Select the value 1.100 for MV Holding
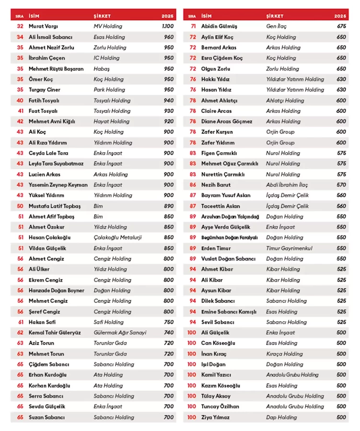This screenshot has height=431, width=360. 168,26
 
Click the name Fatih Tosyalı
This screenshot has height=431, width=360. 44,101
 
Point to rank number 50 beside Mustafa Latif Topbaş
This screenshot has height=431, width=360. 20,206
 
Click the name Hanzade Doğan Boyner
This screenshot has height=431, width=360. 56,290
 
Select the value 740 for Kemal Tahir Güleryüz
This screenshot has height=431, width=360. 169,332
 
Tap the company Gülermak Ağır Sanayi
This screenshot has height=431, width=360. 120,332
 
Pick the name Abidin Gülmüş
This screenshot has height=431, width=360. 219,26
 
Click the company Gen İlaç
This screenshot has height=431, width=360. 277,26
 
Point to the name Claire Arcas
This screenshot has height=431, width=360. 216,111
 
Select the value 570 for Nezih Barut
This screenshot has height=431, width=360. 341,185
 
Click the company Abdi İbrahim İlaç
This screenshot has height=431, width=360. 287,185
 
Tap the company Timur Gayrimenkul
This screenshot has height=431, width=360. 289,248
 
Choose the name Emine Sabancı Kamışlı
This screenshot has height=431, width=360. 229,312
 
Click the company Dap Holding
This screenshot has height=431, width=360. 282,417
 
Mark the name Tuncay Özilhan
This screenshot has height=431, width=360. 220,407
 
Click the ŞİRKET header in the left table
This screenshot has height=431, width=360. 102,16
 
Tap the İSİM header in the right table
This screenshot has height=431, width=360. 207,16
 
